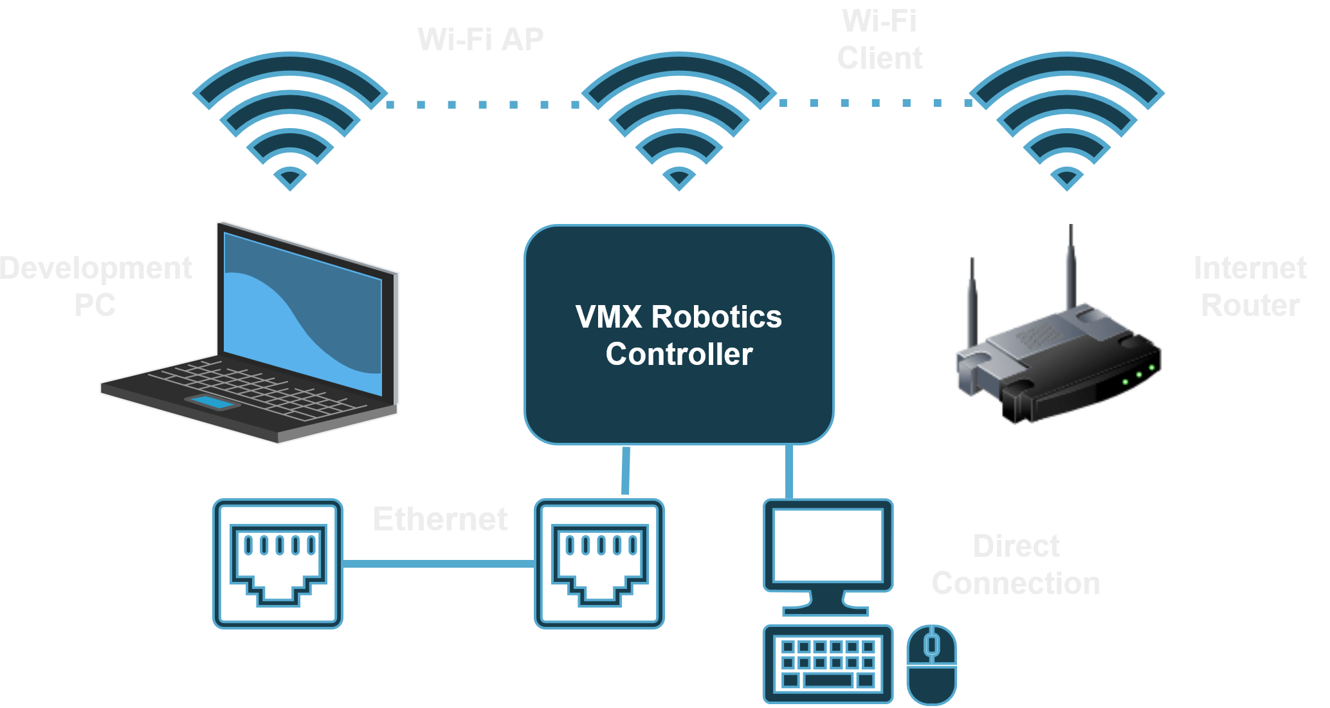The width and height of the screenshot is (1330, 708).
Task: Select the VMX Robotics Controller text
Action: (679, 335)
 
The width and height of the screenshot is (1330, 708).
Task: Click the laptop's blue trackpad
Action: (212, 403)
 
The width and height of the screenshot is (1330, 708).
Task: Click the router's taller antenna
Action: (1070, 270)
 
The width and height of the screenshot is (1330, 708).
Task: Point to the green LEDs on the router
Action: (1138, 375)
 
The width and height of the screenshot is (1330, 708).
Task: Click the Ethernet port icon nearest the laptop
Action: (278, 564)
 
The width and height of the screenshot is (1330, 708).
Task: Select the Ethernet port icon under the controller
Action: (599, 564)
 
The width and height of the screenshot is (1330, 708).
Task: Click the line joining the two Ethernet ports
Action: (439, 564)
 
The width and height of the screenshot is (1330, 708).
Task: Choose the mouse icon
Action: (931, 665)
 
